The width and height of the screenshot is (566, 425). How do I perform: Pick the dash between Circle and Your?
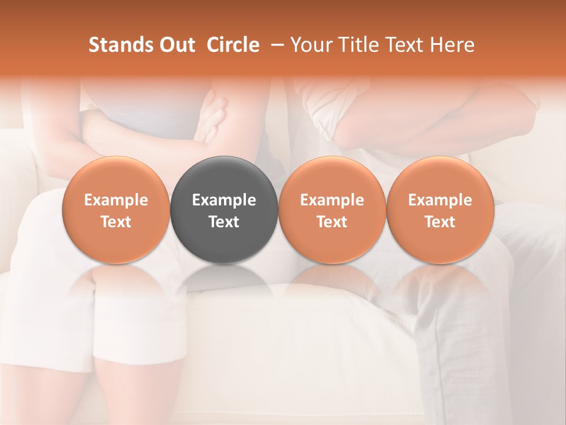[x=275, y=45]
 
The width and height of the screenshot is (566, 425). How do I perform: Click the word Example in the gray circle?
[x=224, y=200]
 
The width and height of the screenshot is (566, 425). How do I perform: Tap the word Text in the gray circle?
[x=224, y=222]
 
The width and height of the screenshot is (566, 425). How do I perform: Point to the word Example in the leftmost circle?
[x=116, y=200]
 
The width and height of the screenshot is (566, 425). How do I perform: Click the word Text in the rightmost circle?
[x=440, y=222]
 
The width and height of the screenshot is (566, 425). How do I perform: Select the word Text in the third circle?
[x=332, y=222]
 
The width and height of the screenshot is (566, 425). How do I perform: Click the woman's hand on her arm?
[x=212, y=118]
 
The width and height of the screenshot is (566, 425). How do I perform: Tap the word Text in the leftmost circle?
[x=116, y=222]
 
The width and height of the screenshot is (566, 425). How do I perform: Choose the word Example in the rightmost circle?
[x=440, y=200]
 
